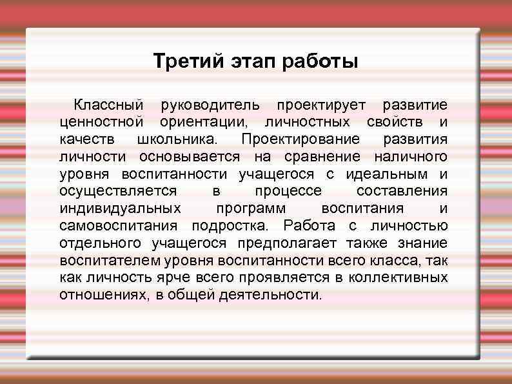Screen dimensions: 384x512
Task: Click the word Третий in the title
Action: pyautogui.click(x=188, y=63)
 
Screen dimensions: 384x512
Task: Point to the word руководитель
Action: pyautogui.click(x=211, y=105)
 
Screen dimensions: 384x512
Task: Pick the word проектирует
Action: pyautogui.click(x=321, y=105)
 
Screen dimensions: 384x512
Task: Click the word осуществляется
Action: pyautogui.click(x=118, y=192)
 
